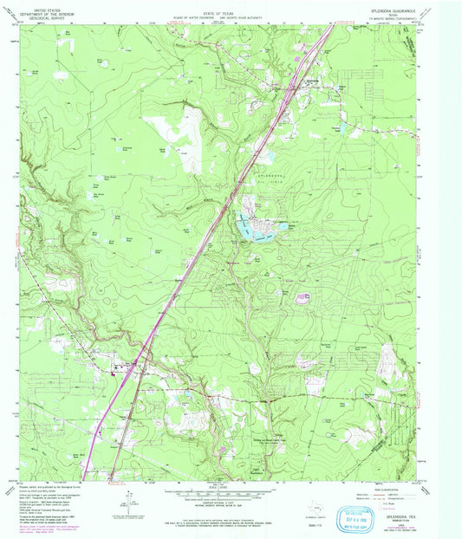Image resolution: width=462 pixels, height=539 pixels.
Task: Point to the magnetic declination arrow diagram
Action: [x=130, y=497]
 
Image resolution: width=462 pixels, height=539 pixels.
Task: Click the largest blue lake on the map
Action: [x=257, y=230]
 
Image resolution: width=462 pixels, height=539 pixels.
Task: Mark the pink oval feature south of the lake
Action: [x=303, y=298]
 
